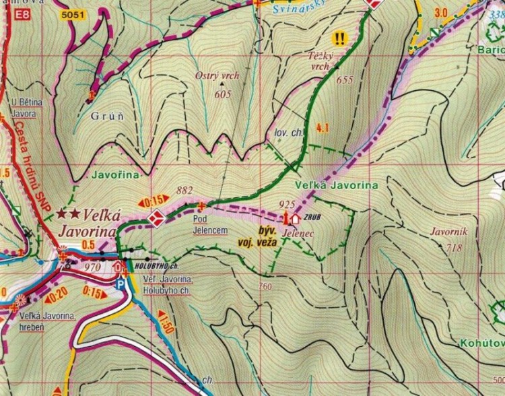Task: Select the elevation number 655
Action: point(344,79)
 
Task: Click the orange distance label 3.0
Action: point(441,12)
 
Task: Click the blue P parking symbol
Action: point(121,285)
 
